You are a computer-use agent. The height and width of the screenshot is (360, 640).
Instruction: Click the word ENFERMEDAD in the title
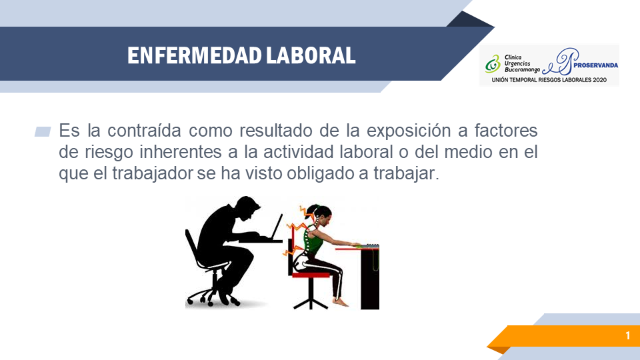pyautogui.click(x=194, y=55)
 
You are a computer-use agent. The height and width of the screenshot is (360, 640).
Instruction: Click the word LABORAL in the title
pyautogui.click(x=311, y=55)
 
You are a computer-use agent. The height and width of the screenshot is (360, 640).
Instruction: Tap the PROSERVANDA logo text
pyautogui.click(x=595, y=65)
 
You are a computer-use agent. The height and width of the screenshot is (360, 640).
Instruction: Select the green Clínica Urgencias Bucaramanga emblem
pyautogui.click(x=493, y=64)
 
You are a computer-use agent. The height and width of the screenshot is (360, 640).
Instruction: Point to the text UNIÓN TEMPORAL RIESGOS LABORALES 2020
pyautogui.click(x=549, y=80)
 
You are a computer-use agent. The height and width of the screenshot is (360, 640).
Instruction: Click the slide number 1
pyautogui.click(x=628, y=335)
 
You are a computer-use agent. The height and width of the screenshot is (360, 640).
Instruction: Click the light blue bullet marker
pyautogui.click(x=43, y=131)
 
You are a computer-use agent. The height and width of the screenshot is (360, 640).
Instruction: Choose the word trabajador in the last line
pyautogui.click(x=152, y=173)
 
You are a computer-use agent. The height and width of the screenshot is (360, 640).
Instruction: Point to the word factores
pyautogui.click(x=506, y=131)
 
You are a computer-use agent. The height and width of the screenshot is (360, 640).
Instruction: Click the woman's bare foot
pyautogui.click(x=341, y=302)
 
